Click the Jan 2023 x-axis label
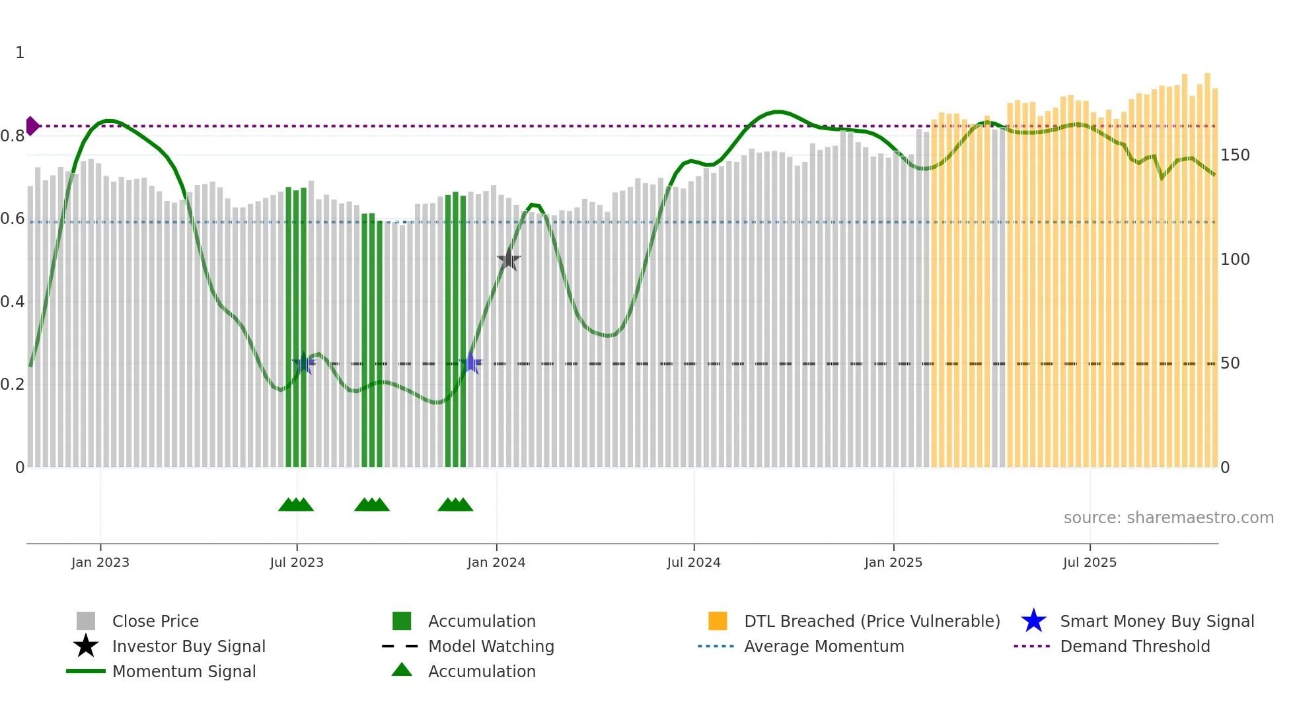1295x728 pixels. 100,562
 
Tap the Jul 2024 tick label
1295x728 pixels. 694,562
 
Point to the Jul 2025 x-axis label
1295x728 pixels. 1090,562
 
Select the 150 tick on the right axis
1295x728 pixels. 1235,155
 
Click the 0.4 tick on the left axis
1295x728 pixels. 13,302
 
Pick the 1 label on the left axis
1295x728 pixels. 20,53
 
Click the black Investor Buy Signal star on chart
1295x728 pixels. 508,260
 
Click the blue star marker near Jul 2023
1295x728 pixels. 303,363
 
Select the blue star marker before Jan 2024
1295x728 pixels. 470,363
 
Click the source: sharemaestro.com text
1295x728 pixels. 1168,518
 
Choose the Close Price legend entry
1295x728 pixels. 155,621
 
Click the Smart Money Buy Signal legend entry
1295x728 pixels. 1156,621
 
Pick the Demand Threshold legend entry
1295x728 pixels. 1134,646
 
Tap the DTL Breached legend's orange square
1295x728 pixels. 718,621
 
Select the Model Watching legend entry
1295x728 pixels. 490,646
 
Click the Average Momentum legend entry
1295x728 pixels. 823,646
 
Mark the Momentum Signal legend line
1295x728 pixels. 86,671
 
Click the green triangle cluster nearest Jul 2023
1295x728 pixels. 296,505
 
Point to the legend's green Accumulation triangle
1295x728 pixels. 402,670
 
